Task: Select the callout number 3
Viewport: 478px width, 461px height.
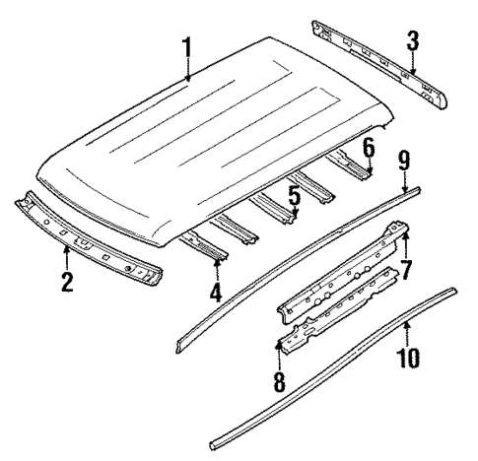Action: (413, 40)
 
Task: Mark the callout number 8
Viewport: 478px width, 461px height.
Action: (279, 381)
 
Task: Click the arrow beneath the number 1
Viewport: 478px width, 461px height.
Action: (186, 71)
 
